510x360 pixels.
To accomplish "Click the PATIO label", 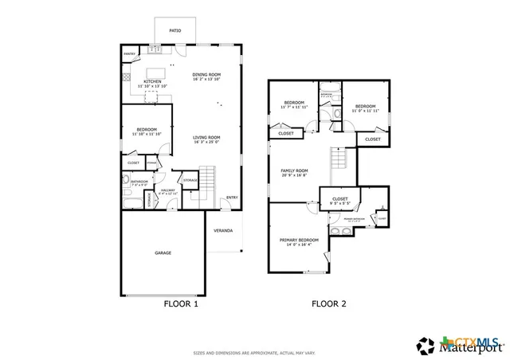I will (x=175, y=31).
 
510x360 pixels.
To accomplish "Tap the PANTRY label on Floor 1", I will (x=129, y=53).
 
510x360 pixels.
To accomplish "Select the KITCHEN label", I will (x=152, y=81).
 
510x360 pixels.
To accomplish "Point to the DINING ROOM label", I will (x=205, y=75).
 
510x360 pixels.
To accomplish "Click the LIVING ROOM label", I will (x=206, y=137).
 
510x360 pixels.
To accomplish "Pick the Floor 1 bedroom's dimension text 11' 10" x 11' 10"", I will (x=147, y=134).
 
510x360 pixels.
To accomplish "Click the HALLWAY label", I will (x=167, y=190).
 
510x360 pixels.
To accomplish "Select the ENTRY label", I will (x=231, y=198).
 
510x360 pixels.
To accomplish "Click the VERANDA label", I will (x=223, y=231).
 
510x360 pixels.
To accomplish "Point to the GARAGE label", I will (x=163, y=252).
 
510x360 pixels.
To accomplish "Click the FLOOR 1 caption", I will (x=181, y=303).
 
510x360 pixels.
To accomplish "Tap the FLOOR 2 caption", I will (x=328, y=303).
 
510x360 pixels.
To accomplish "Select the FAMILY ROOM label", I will (x=294, y=170).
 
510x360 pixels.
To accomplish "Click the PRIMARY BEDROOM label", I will (x=299, y=240).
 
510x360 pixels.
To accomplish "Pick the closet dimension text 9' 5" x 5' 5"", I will (x=339, y=202).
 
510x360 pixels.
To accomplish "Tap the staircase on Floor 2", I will (x=340, y=159).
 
